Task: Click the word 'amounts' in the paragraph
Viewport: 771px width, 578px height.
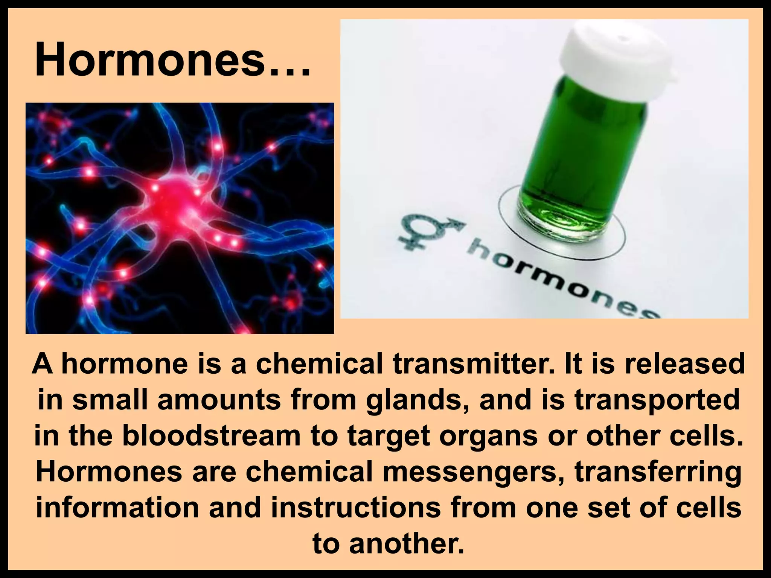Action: pyautogui.click(x=219, y=400)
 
